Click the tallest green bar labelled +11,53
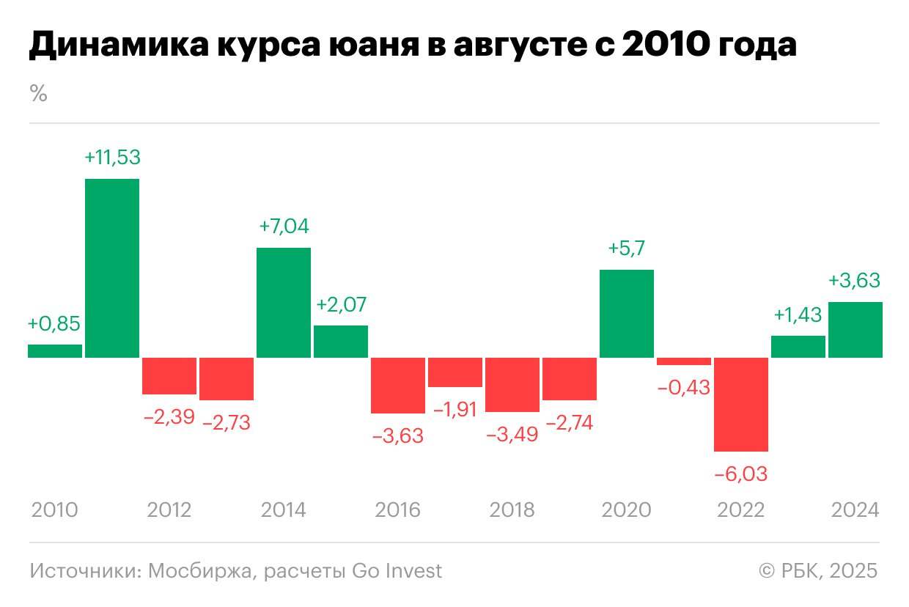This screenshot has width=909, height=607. pos(112,268)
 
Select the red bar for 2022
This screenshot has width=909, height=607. pos(741,404)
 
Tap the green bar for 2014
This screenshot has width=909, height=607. pos(284,303)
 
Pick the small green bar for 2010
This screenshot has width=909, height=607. pos(55,351)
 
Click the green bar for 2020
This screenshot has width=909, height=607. pos(627,314)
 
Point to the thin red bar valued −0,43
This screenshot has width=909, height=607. pos(684,361)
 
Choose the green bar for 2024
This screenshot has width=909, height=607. pos(855,330)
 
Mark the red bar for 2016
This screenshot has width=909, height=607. pos(398,386)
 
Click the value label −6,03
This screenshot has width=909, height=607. pos(740,474)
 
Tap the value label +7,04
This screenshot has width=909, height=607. pos(284,227)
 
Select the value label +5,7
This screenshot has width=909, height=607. pos(627,249)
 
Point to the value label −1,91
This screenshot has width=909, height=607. pos(454,409)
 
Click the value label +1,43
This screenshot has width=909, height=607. pos(798,314)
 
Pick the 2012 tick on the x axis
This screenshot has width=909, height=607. pos(169,509)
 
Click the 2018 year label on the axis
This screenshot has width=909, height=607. pos(512,509)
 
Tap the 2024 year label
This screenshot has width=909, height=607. pos(855,509)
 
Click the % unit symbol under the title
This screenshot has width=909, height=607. pos(38,94)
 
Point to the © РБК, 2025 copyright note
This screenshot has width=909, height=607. pos(817,570)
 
